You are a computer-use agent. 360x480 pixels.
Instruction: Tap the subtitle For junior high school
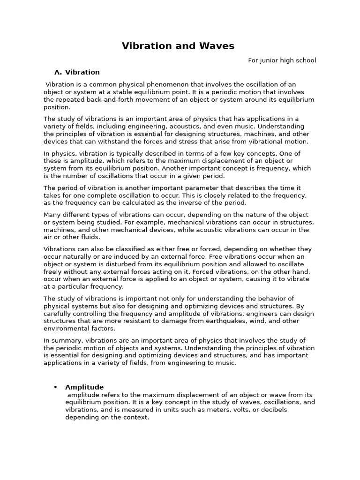tap(282, 60)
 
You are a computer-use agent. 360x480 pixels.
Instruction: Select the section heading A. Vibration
tap(77, 72)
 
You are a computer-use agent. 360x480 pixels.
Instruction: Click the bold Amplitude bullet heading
tap(84, 387)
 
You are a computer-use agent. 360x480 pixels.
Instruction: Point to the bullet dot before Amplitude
tap(56, 387)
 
